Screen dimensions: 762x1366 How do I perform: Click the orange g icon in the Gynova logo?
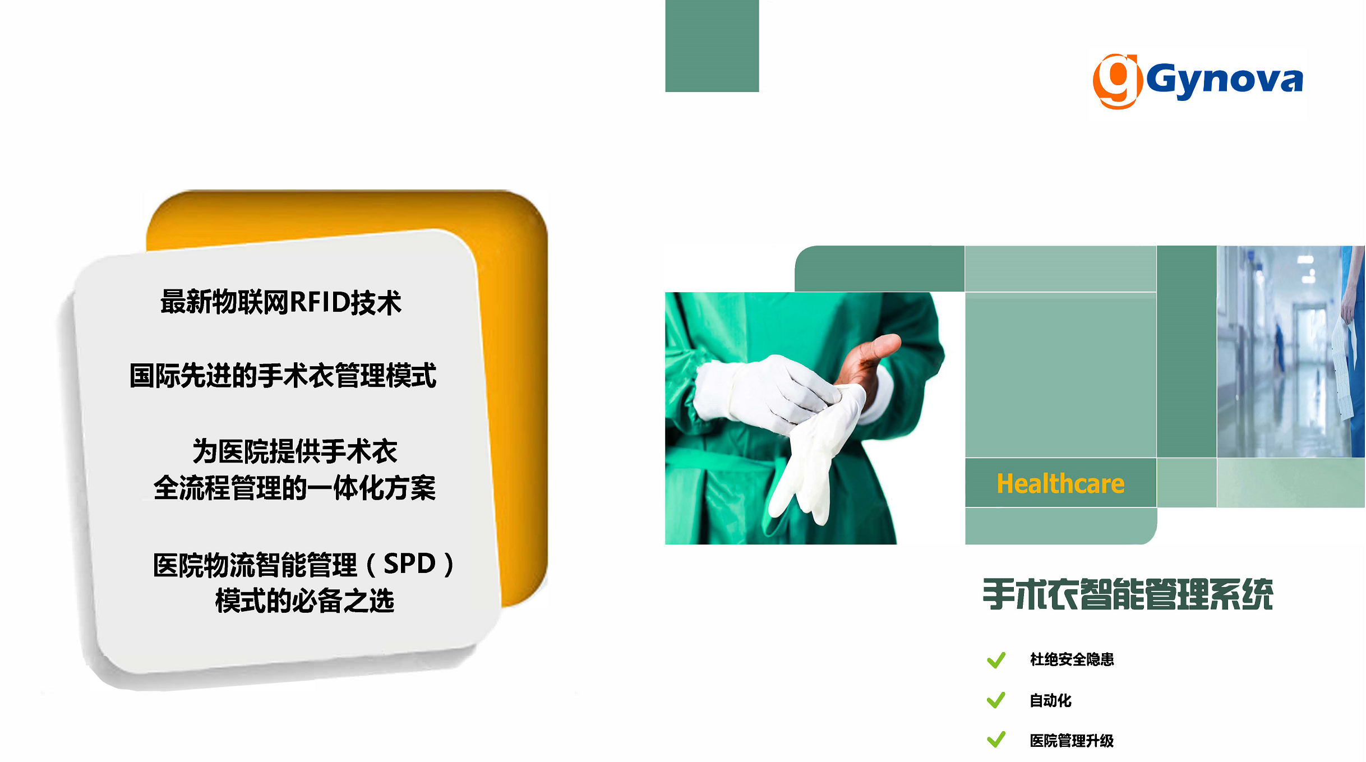coord(1116,81)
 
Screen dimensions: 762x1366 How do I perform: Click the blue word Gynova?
coord(1224,80)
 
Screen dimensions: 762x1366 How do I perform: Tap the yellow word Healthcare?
coord(1060,484)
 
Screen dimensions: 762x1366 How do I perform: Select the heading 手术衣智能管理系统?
coord(1128,594)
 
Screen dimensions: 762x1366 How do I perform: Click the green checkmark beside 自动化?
coord(996,700)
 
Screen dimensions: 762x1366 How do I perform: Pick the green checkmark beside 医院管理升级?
coord(996,740)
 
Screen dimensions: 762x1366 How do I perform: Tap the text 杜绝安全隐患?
coord(1072,659)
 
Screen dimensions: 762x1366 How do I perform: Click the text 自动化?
coord(1050,700)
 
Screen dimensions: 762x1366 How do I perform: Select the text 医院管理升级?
coord(1072,741)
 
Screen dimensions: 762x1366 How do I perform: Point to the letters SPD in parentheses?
coord(409,564)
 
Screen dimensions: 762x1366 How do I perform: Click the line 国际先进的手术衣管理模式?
coord(283,375)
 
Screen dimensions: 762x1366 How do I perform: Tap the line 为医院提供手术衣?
coord(295,451)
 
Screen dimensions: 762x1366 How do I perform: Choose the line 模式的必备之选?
coord(304,601)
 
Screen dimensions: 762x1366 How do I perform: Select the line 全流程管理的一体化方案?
coord(294,488)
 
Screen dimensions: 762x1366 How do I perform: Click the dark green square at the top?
coord(712,45)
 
